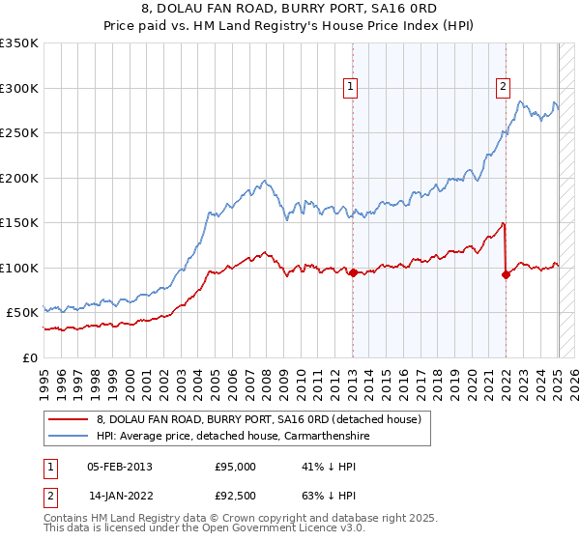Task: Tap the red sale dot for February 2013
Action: [353, 272]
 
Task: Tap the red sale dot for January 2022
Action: [506, 274]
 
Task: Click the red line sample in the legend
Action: [69, 420]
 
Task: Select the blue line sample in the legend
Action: [69, 437]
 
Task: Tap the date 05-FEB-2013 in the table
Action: [120, 467]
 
